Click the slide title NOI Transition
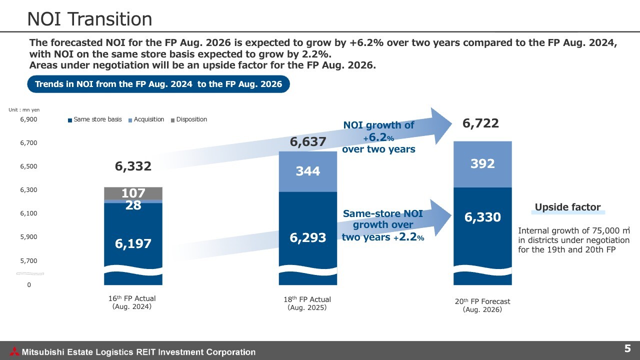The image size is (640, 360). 89,19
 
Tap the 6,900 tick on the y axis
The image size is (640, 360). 28,119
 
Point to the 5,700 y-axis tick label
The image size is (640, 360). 28,260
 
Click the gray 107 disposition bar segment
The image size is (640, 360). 133,193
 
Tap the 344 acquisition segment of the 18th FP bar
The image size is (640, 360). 308,171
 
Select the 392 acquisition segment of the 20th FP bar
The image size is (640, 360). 482,164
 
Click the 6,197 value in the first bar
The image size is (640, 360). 133,243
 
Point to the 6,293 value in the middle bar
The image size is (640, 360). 308,238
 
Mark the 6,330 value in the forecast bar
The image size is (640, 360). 482,217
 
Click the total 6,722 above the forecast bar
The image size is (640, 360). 480,123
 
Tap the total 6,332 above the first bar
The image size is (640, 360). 133,166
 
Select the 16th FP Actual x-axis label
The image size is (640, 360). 132,302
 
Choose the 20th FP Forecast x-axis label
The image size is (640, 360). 482,305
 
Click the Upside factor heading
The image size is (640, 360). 567,207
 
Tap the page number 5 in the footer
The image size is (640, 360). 627,348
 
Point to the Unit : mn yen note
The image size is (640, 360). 24,109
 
